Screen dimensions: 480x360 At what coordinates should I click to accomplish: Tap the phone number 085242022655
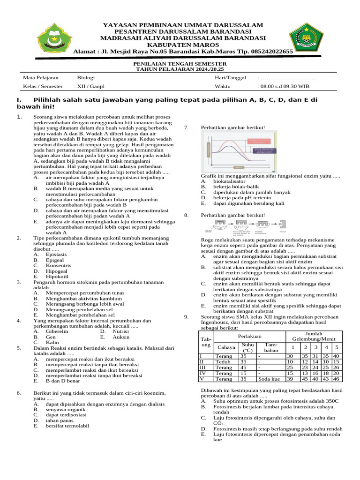point(266,52)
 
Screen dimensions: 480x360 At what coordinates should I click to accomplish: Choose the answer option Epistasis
point(56,254)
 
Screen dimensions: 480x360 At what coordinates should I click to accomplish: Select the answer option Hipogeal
point(57,271)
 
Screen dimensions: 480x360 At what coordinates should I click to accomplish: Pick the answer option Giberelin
point(57,331)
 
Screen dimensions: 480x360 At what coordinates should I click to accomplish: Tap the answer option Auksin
point(121,337)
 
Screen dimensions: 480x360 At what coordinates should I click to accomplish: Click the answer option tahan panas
point(59,420)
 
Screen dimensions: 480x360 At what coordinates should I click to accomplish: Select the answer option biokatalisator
point(229,180)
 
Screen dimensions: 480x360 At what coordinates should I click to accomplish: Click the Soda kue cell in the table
point(269,379)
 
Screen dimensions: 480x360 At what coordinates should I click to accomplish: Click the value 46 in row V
point(336,379)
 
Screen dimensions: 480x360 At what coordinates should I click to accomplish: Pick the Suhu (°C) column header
point(248,347)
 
